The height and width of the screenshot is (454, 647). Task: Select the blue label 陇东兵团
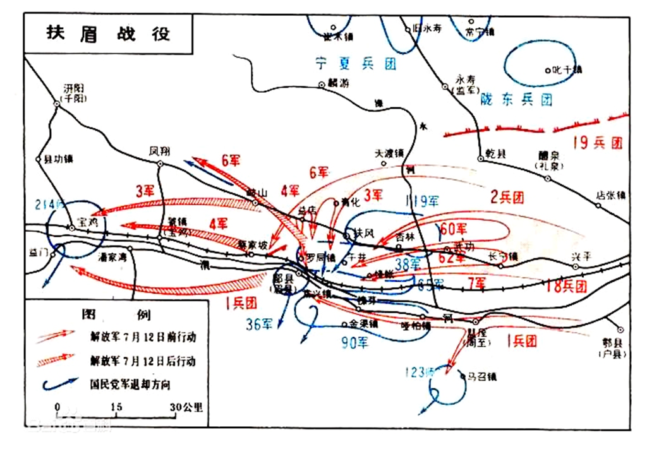pos(516,99)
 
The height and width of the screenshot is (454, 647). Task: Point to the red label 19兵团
pos(597,143)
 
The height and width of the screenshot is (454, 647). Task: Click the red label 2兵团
pos(507,198)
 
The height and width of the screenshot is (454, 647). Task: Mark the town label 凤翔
pos(160,152)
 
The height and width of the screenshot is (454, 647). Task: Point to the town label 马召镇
pos(483,376)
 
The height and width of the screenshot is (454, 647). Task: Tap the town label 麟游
pos(338,83)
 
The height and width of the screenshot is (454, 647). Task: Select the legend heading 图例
pos(117,314)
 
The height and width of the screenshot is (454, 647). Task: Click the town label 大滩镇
pos(389,153)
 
